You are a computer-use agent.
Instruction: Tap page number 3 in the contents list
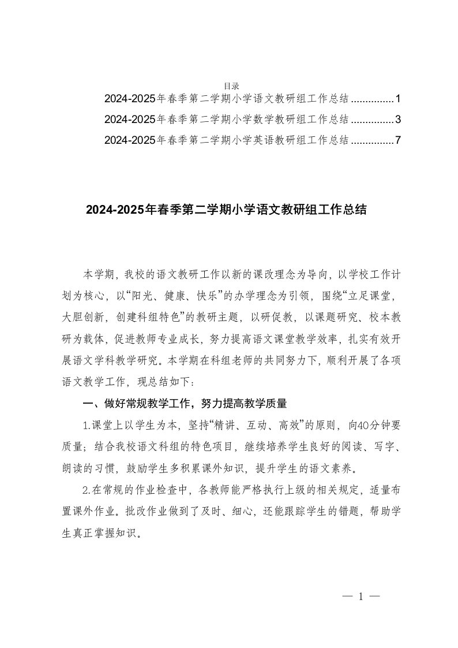(398, 120)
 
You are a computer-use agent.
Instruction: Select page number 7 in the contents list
(398, 140)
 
